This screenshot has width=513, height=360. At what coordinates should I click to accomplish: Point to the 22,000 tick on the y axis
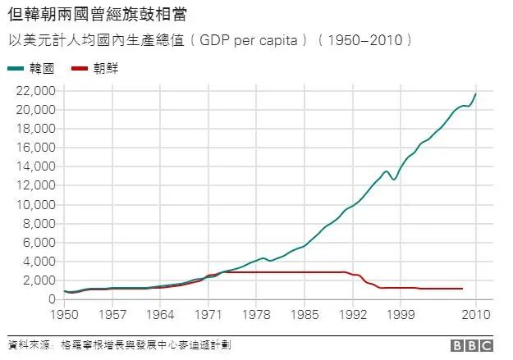(35, 91)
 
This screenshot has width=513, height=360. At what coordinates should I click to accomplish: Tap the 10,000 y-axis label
(35, 204)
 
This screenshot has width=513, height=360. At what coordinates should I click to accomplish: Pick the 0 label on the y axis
(51, 299)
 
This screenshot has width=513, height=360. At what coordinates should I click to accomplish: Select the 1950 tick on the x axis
(63, 314)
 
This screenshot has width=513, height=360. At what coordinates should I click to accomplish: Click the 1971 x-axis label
(209, 314)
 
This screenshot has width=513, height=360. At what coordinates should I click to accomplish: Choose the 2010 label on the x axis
(476, 314)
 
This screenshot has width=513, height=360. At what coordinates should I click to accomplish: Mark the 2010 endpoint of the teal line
(476, 94)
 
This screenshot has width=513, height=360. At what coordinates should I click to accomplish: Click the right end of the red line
(462, 289)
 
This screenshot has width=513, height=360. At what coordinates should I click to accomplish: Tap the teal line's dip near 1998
(394, 179)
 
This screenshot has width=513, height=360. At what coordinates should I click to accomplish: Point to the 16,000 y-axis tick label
(35, 148)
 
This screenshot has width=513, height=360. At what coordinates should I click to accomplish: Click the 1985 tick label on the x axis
(305, 314)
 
